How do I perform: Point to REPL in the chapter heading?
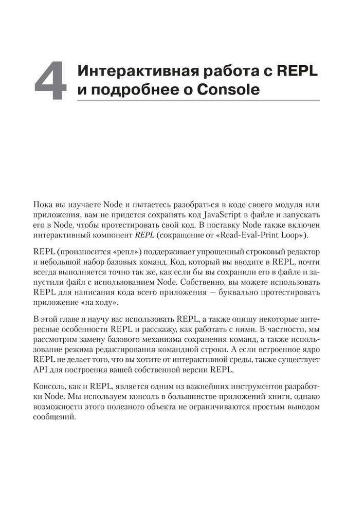tap(299, 71)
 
